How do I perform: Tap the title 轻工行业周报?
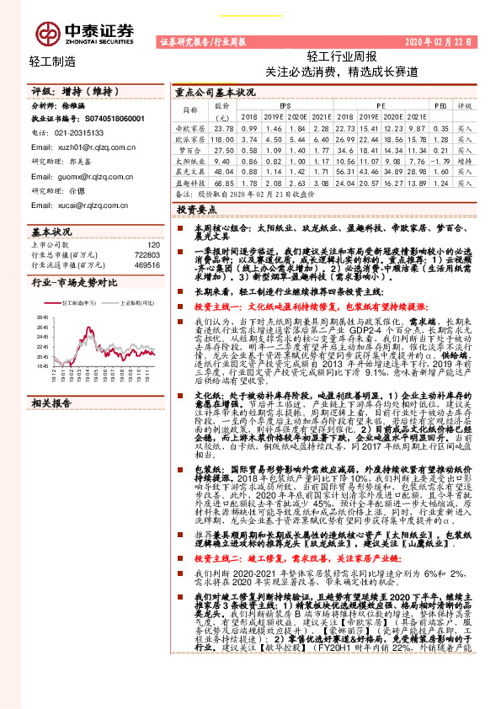[341, 57]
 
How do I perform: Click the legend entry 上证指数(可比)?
[136, 302]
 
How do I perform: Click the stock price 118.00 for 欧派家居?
[223, 138]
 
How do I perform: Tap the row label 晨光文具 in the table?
[191, 170]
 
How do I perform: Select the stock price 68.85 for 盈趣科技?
[223, 181]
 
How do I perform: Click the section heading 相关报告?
[51, 403]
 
